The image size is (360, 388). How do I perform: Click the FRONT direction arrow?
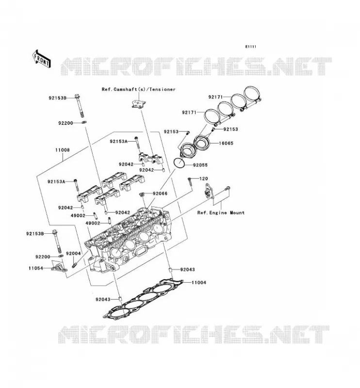42,59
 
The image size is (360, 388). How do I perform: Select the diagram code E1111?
250,47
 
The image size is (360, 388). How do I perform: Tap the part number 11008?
63,150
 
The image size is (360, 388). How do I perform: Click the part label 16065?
226,143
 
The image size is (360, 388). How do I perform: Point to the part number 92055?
200,165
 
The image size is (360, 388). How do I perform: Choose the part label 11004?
198,282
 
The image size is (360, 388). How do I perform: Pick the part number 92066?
160,194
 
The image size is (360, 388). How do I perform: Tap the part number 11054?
36,268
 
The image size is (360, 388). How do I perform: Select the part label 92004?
73,253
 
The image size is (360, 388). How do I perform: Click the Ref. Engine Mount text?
221,212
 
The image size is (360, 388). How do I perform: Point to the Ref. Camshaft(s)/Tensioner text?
139,89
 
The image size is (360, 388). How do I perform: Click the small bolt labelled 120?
190,182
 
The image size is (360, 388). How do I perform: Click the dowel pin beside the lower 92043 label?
120,299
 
